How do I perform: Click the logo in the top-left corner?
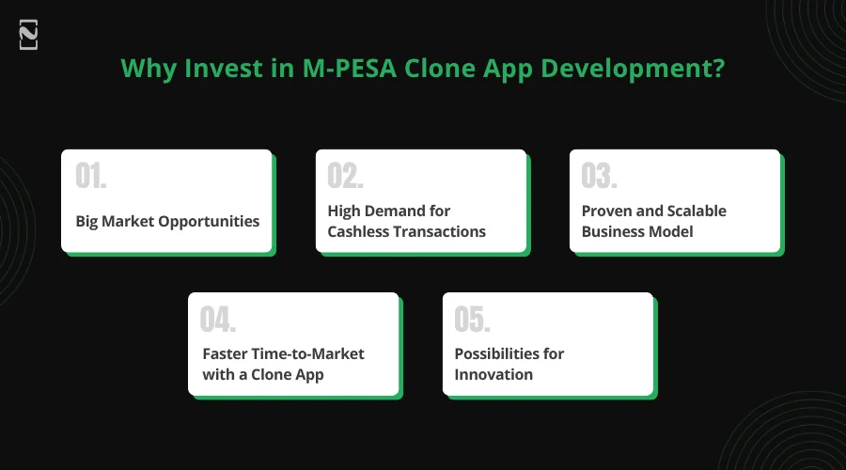click(x=28, y=35)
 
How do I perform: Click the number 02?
click(x=345, y=176)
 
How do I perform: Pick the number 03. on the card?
click(x=600, y=176)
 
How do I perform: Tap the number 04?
click(x=218, y=319)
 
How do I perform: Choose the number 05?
click(x=473, y=319)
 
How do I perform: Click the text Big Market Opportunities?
click(x=167, y=222)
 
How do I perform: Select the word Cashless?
click(x=359, y=231)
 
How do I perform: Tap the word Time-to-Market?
click(x=307, y=353)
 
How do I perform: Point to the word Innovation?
click(x=493, y=374)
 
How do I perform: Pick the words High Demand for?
click(x=388, y=211)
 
